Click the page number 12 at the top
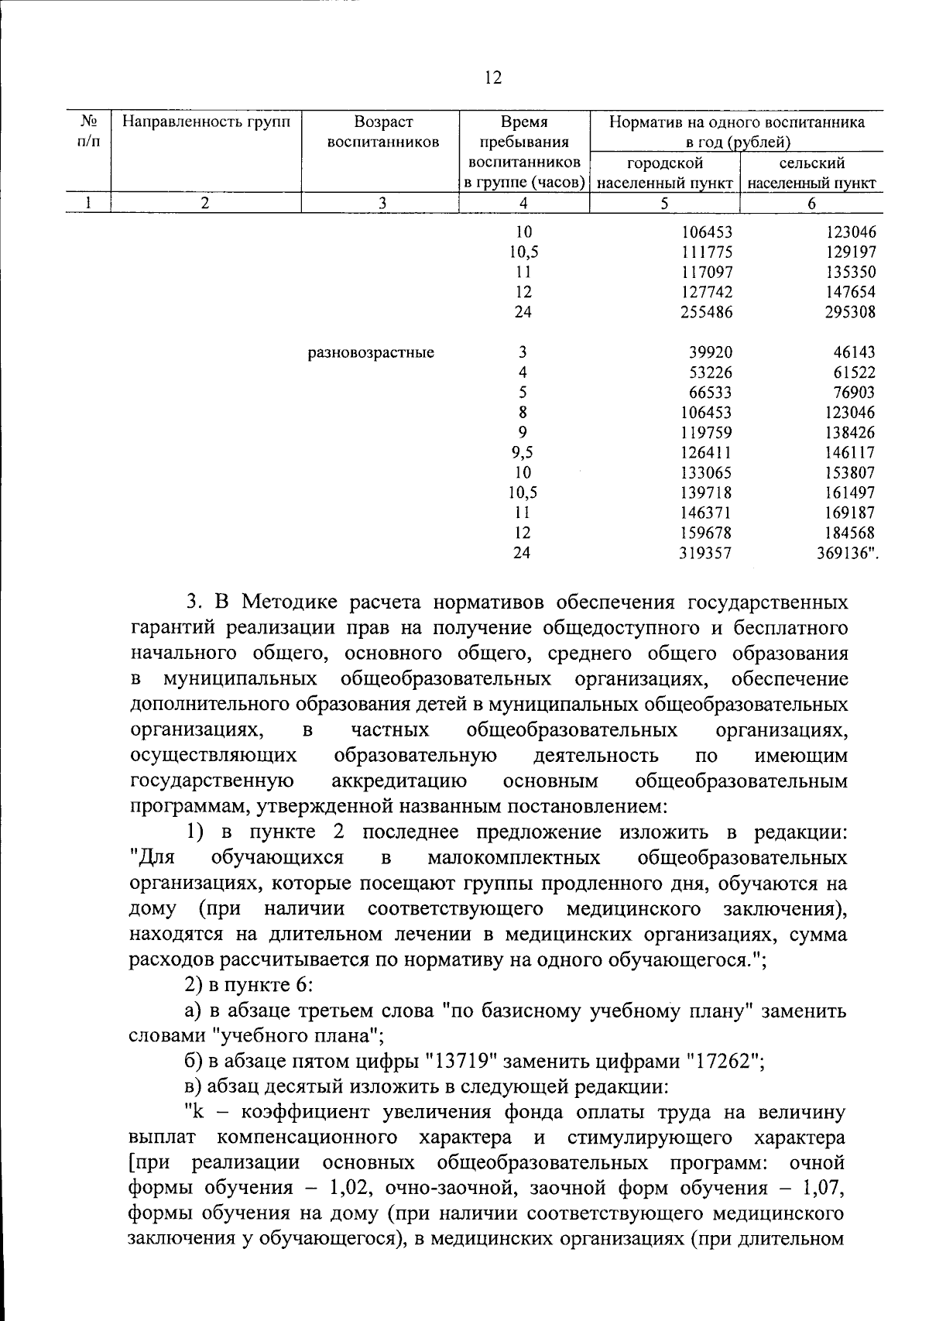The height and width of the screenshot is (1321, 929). (x=493, y=77)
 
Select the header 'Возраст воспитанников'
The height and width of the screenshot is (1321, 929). (x=383, y=132)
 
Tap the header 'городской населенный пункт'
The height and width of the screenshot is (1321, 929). (x=665, y=173)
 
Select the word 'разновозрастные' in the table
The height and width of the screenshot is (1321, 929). (x=371, y=353)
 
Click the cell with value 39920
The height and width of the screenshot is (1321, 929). (x=711, y=353)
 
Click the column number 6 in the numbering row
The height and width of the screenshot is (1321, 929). (x=811, y=204)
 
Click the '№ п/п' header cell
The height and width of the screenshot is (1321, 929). (x=88, y=132)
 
